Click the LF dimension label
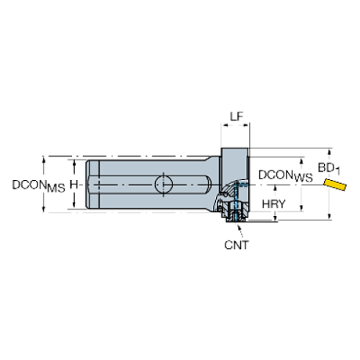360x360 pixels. pyautogui.click(x=235, y=117)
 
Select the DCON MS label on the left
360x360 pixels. pyautogui.click(x=38, y=187)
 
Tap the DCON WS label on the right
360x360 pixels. pyautogui.click(x=284, y=177)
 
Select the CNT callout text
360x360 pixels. pyautogui.click(x=236, y=245)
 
